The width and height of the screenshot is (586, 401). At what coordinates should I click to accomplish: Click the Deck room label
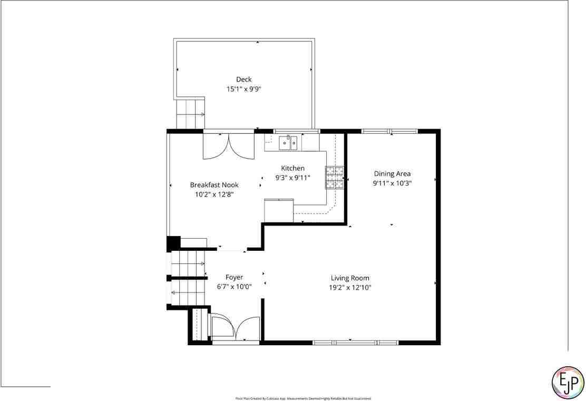tap(243, 80)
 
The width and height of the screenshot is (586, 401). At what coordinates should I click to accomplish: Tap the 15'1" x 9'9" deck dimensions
tap(243, 89)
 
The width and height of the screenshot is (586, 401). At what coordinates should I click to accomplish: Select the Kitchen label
tap(292, 168)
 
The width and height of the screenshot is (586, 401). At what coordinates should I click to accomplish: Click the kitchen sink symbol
tap(288, 142)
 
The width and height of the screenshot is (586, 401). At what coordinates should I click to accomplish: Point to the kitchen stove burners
tap(335, 177)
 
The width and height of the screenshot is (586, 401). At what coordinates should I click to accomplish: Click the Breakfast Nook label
tap(214, 184)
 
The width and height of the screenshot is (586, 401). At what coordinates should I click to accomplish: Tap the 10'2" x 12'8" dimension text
tap(214, 194)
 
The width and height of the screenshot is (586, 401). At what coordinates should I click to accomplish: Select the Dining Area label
tap(392, 173)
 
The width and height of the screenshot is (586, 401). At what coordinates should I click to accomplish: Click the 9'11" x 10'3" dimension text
tap(392, 183)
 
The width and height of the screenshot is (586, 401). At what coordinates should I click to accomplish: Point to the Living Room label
tap(350, 278)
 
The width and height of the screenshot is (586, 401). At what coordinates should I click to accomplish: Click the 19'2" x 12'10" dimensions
tap(350, 287)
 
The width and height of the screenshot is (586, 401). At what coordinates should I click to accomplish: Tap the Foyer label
tap(234, 277)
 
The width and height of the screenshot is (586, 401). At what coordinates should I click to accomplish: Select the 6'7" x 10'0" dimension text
tap(234, 287)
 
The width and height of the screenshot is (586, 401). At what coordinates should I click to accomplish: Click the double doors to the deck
tap(228, 146)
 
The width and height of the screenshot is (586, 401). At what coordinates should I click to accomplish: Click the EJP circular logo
tap(568, 382)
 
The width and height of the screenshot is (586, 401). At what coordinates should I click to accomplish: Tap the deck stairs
tap(190, 113)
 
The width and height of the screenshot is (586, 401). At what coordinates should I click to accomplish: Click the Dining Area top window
tap(389, 131)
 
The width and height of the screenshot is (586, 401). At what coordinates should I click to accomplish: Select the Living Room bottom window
tap(356, 343)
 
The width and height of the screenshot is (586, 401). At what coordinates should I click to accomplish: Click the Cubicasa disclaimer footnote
tap(303, 398)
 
